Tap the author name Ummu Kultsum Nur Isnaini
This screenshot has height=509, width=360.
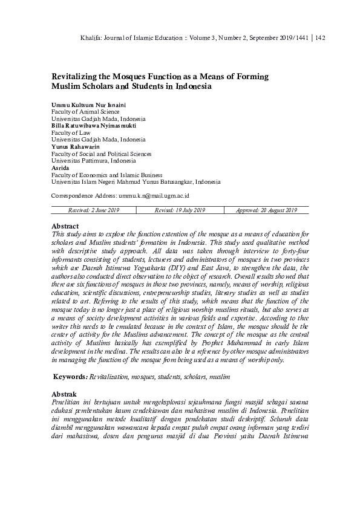click(88, 105)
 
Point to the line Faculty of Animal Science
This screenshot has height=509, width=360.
click(85, 112)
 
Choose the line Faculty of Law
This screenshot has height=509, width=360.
click(71, 132)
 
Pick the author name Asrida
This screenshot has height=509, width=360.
click(61, 168)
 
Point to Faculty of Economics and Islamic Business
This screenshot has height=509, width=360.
click(102, 175)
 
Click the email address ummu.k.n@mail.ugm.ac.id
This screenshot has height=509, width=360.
click(154, 196)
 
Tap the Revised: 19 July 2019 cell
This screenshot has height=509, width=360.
click(180, 210)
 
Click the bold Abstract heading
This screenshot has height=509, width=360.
click(65, 225)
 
